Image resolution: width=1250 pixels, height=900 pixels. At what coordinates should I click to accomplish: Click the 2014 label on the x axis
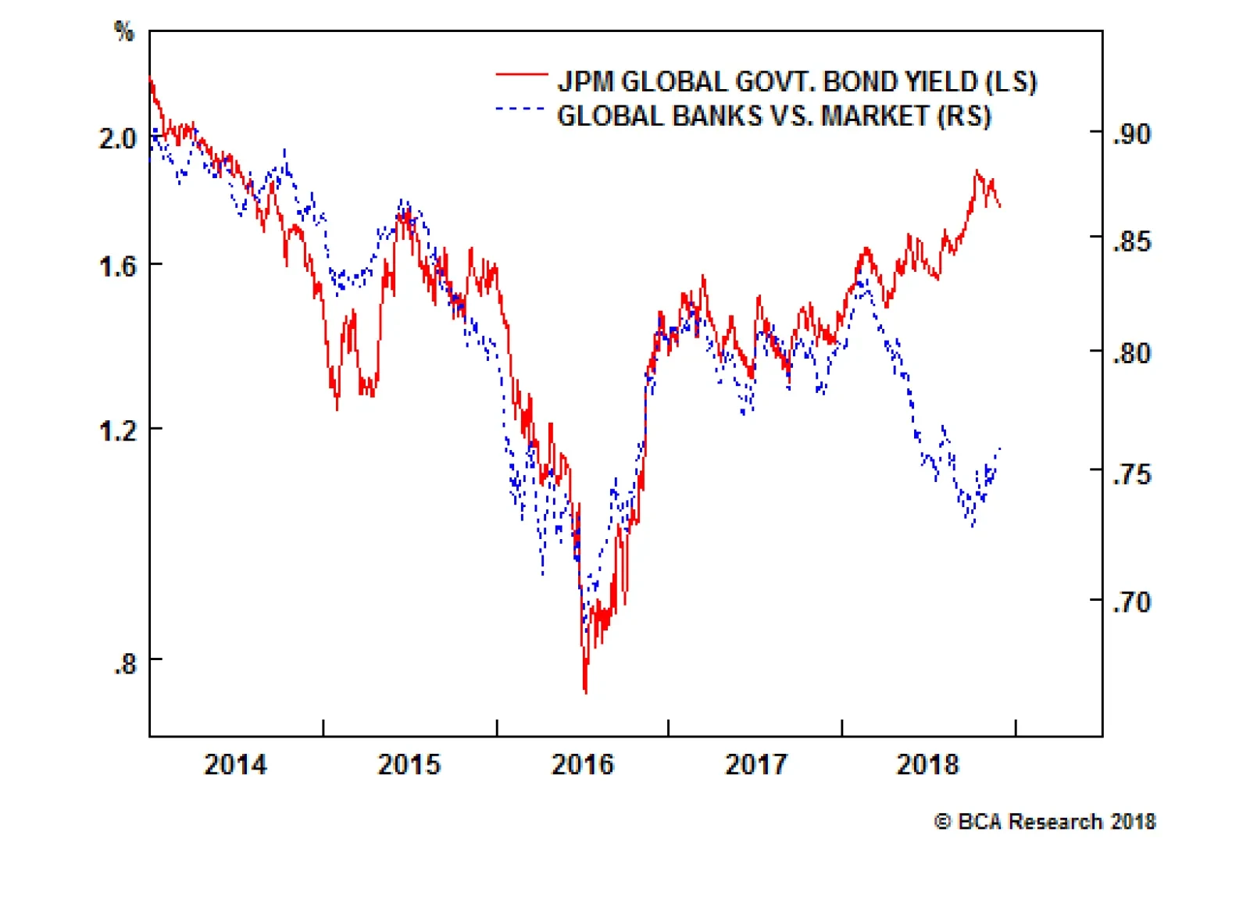click(x=235, y=764)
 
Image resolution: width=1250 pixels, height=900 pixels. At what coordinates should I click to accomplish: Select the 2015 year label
click(x=409, y=764)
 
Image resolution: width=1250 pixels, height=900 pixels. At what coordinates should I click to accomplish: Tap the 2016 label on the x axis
click(x=583, y=764)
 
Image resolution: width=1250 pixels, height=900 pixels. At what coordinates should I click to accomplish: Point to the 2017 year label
click(x=756, y=764)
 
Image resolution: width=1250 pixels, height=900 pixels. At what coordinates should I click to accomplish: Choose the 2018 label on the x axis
click(x=927, y=764)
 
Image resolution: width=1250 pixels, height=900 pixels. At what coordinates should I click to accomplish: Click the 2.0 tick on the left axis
click(x=117, y=139)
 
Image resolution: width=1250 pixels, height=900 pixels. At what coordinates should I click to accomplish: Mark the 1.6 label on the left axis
click(x=117, y=267)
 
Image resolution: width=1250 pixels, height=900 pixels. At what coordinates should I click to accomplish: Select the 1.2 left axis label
click(x=117, y=430)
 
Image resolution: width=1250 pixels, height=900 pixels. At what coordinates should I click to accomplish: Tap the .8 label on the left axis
click(x=124, y=664)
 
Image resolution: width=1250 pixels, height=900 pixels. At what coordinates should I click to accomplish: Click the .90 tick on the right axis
click(x=1132, y=134)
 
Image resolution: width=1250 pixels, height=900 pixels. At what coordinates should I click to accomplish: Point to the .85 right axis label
click(x=1132, y=241)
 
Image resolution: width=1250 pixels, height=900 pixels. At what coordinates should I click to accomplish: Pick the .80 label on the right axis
click(x=1132, y=354)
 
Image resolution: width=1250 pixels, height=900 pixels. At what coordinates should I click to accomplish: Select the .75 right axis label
click(x=1132, y=474)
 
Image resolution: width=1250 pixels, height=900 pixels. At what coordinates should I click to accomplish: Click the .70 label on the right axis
click(x=1132, y=602)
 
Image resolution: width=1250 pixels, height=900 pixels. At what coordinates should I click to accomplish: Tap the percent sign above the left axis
click(x=124, y=31)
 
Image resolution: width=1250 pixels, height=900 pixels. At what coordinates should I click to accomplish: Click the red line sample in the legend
click(x=521, y=74)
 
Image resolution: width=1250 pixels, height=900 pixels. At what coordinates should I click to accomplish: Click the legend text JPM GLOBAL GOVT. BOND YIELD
click(x=797, y=82)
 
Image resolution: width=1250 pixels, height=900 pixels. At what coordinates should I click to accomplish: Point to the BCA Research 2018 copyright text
click(x=1045, y=822)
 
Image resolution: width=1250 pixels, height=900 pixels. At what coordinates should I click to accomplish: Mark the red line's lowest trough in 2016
click(x=585, y=691)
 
